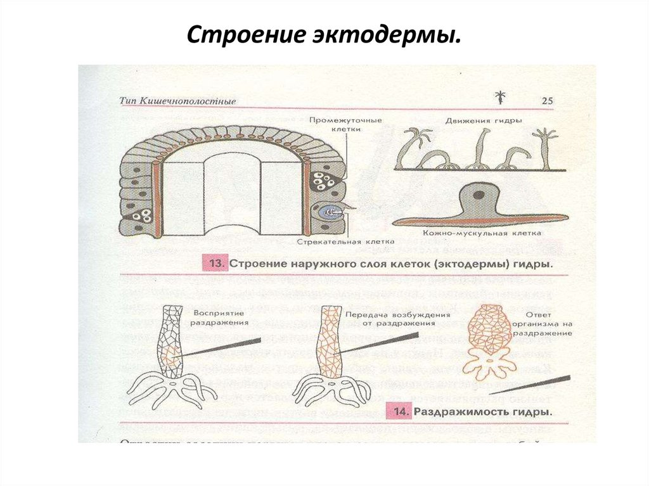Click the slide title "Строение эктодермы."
(x=323, y=35)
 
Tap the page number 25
(x=547, y=101)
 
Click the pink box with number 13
(x=214, y=262)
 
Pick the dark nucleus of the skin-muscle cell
(x=480, y=194)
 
